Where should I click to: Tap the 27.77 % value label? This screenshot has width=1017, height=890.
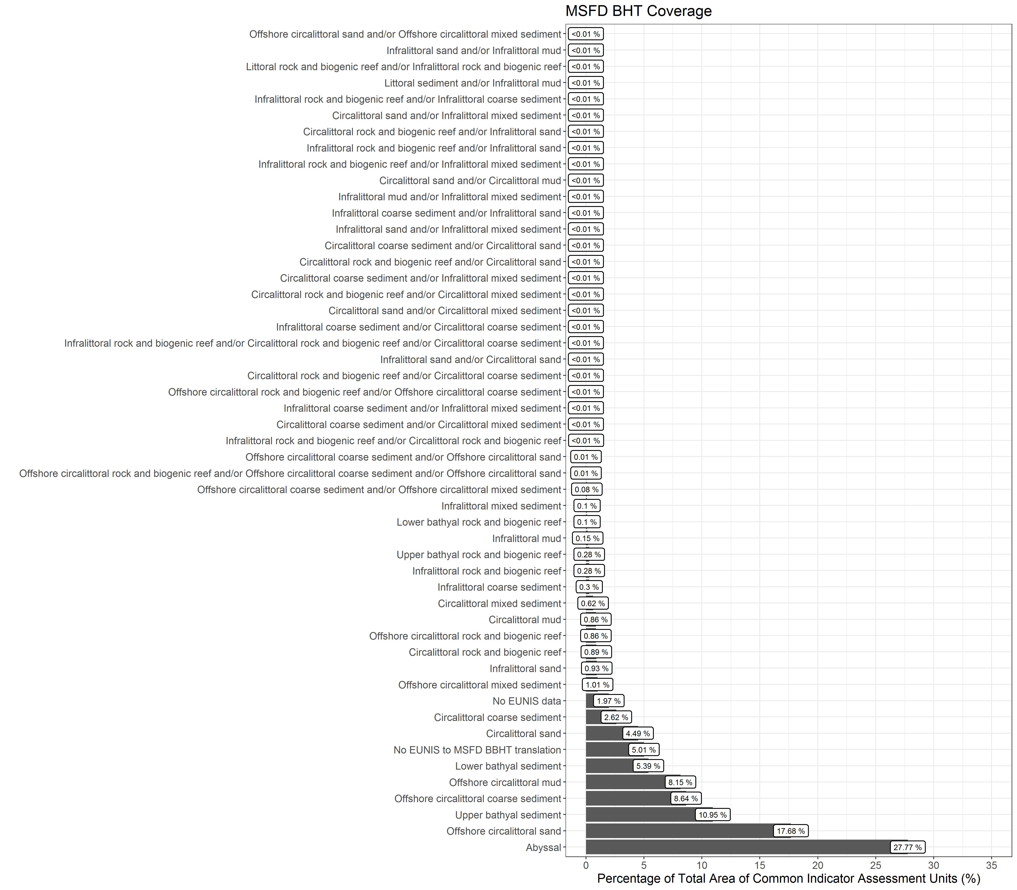[907, 847]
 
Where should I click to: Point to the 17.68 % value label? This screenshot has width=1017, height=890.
[791, 831]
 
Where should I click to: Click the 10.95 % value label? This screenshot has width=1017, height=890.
[713, 814]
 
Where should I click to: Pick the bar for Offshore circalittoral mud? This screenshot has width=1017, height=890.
[626, 782]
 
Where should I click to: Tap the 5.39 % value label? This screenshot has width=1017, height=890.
[648, 766]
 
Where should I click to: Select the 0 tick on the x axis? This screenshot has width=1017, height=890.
[586, 865]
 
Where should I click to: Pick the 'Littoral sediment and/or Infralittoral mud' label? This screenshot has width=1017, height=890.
[472, 83]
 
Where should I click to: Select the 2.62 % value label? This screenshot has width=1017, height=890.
[616, 717]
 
